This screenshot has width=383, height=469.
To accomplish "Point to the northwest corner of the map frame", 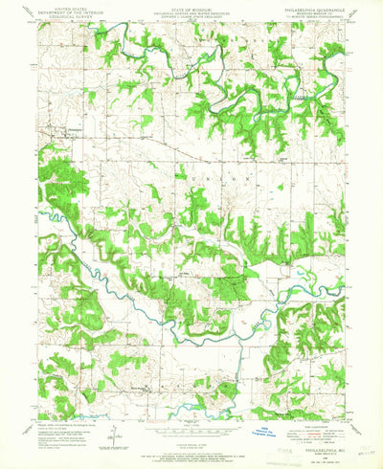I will tap(38, 24).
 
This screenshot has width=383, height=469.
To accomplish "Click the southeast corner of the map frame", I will tap(346, 412).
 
